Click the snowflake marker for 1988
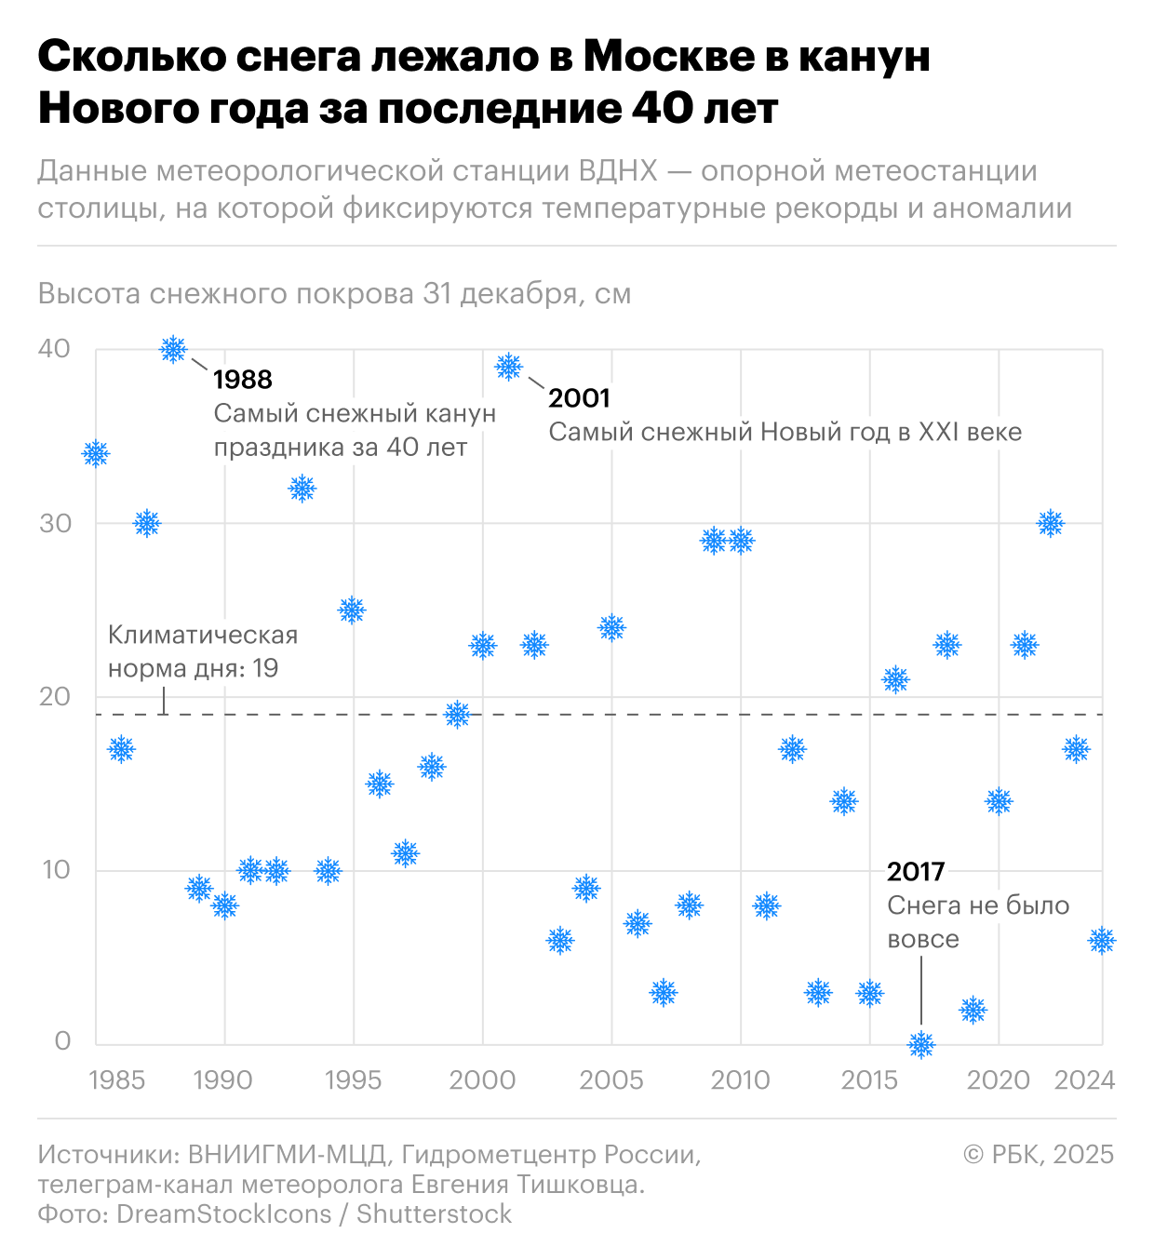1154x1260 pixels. [x=173, y=349]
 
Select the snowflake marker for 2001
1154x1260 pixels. [x=508, y=367]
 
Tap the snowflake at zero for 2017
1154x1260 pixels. [x=921, y=1044]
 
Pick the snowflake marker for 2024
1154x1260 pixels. [x=1102, y=940]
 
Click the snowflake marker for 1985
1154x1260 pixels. [x=96, y=454]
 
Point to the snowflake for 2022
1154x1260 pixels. [x=1050, y=523]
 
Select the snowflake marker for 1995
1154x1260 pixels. [x=352, y=610]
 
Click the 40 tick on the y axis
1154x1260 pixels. [x=54, y=349]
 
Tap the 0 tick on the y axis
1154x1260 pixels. [x=62, y=1041]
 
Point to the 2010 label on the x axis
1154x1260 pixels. [x=741, y=1080]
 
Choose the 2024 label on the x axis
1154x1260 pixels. [x=1084, y=1080]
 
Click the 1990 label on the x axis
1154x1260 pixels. [x=223, y=1080]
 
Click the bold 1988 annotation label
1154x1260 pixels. [x=243, y=380]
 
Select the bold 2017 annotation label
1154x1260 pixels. [x=916, y=872]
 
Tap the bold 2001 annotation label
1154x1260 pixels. [x=579, y=398]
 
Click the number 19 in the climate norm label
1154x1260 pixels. [x=265, y=669]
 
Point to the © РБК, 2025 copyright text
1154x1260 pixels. [x=1039, y=1155]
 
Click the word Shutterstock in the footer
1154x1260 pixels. [x=434, y=1214]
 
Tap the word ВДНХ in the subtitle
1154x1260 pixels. [x=618, y=171]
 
